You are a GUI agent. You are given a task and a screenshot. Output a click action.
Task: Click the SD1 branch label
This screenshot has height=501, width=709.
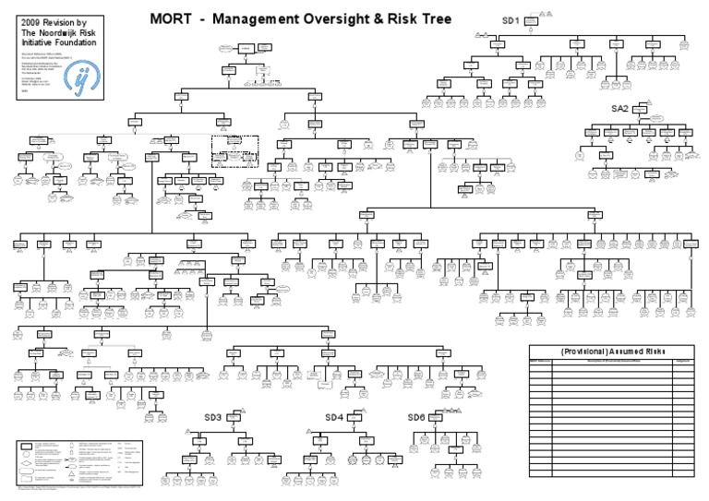click(511, 19)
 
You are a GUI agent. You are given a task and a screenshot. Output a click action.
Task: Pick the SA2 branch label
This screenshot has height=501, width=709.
click(619, 109)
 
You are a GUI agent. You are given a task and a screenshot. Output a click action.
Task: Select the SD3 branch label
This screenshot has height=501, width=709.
click(212, 417)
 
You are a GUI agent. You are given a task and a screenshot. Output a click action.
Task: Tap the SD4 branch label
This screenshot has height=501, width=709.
click(333, 417)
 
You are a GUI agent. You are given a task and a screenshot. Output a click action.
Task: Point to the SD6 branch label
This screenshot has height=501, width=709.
click(416, 417)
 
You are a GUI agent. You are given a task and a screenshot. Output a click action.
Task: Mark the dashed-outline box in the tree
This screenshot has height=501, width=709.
click(234, 150)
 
